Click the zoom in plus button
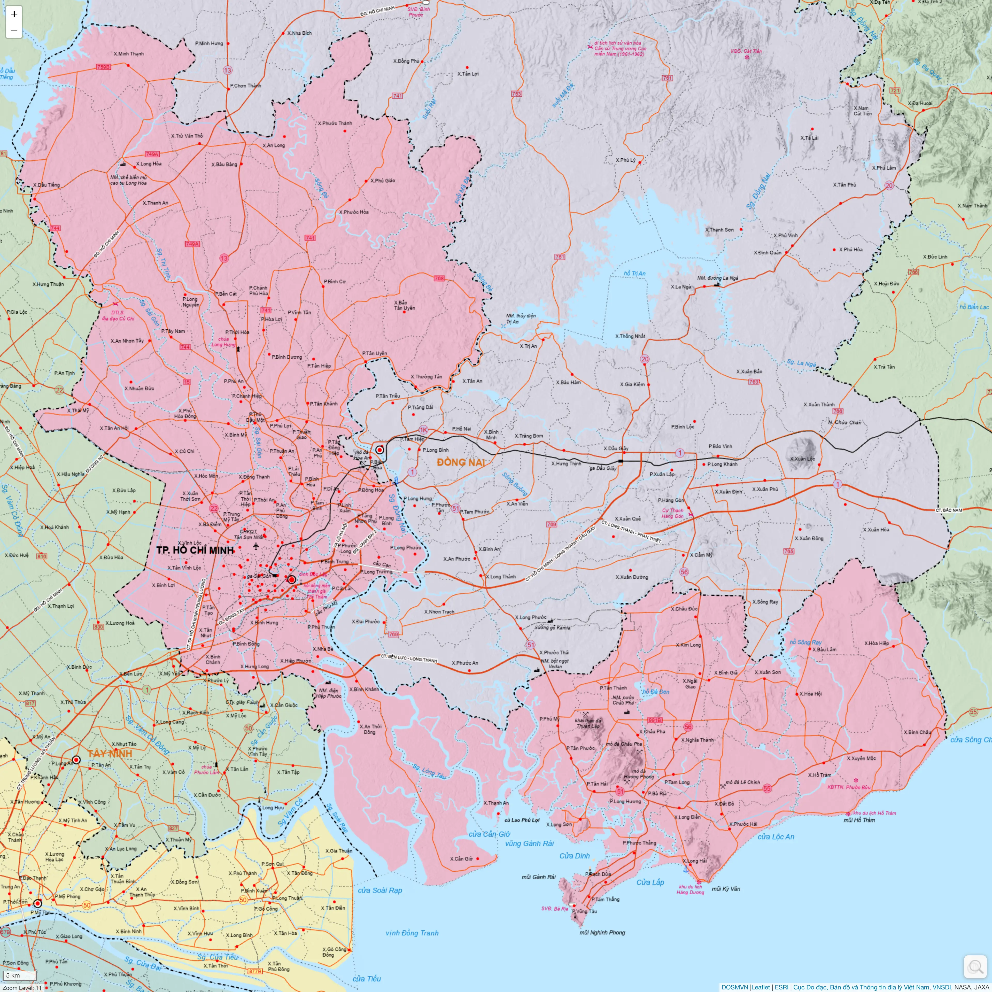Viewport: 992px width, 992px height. point(14,14)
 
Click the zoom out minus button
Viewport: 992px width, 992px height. point(14,30)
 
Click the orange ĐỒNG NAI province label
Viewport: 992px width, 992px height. point(461,462)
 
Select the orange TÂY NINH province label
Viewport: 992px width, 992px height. point(109,753)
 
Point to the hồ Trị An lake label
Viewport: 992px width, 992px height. point(635,273)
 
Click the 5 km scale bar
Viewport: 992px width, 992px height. point(20,975)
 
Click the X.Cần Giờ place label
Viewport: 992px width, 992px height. point(461,858)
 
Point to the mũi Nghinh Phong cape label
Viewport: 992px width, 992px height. point(602,932)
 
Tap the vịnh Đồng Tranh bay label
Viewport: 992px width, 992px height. point(412,933)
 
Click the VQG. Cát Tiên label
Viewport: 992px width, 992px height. point(746,51)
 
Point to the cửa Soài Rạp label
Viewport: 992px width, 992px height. point(380,890)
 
